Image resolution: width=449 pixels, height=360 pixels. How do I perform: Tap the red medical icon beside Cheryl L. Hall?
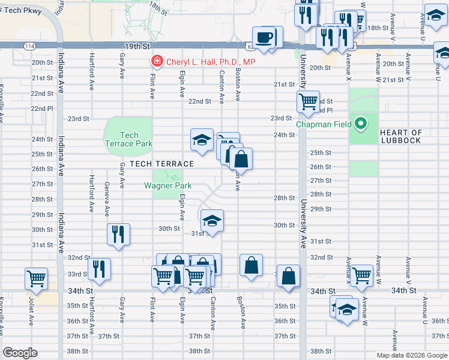pos(157,62)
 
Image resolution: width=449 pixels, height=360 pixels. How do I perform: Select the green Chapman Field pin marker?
pos(360,124)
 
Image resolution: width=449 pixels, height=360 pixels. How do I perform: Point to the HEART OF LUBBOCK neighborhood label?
pos(401,136)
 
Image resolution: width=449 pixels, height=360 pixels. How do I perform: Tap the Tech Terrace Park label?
pos(128,139)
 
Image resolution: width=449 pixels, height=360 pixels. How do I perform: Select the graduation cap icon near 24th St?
pos(202,140)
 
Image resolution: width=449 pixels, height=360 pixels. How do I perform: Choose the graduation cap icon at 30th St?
pos(211,221)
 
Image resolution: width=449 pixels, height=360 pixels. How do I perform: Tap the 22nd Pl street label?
pos(41,108)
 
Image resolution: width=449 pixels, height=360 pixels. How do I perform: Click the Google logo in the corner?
pos(20,353)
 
